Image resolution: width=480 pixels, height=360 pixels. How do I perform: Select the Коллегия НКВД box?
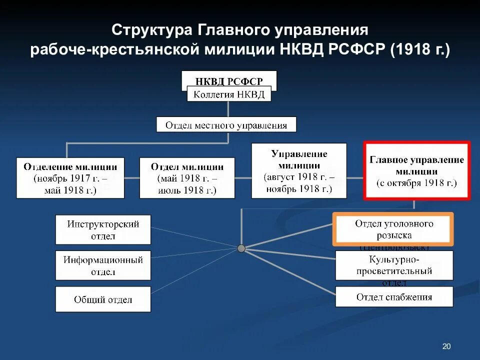point(229,94)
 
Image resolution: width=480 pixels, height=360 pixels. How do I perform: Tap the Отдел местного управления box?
point(226,124)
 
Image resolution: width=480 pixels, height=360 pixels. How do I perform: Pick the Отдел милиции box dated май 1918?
point(187,178)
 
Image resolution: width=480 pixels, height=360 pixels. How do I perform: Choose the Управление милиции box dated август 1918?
point(299,171)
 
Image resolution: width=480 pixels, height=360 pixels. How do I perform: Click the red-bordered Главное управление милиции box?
point(416,171)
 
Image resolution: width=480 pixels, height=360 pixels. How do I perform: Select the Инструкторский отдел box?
point(103,230)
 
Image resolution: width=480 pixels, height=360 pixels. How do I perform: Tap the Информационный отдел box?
point(103,265)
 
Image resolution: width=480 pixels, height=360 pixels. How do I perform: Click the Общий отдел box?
point(103,299)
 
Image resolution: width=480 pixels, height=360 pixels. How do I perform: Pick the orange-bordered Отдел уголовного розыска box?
point(393,229)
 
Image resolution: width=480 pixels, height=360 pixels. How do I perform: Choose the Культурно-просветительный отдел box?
point(394,265)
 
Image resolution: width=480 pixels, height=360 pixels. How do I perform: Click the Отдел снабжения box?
point(394,297)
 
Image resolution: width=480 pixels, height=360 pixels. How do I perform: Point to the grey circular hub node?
point(241,248)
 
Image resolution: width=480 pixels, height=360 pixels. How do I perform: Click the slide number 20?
point(446,346)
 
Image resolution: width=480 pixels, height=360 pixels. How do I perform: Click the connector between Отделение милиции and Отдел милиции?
point(131,177)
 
